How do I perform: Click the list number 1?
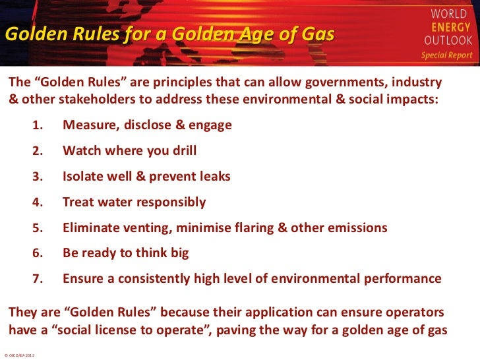(x=38, y=125)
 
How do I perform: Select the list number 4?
(x=38, y=202)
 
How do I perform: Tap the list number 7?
(x=38, y=279)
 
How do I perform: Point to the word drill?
(x=182, y=151)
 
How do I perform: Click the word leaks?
(x=212, y=177)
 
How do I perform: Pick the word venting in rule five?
(x=145, y=228)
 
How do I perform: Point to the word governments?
(x=342, y=85)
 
